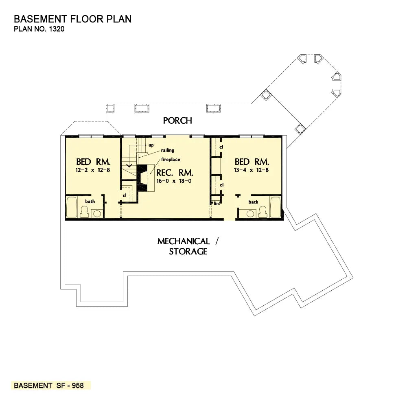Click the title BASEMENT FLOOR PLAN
pos(72,19)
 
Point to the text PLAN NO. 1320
pos(39,29)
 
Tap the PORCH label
pos(177,121)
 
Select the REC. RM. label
pos(175,173)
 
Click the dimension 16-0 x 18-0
pos(174,181)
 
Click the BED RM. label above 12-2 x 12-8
pos(93,162)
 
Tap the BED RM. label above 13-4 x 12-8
pos(252,162)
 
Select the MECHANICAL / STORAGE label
pos(188,246)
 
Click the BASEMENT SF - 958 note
pos(49,386)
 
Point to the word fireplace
pos(170,159)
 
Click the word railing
pos(167,150)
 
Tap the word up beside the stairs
pos(151,145)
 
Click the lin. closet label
pos(217,203)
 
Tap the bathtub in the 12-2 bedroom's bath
pos(71,207)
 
